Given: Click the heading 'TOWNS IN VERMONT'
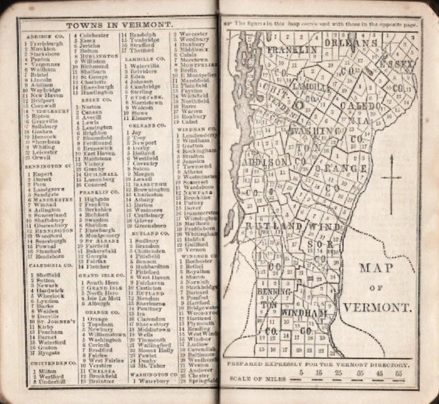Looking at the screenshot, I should pos(119,24).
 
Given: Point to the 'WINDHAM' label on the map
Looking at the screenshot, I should pos(304,312).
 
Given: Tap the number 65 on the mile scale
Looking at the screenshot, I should pos(399,372).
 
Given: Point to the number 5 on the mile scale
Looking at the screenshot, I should pos(301,372).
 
